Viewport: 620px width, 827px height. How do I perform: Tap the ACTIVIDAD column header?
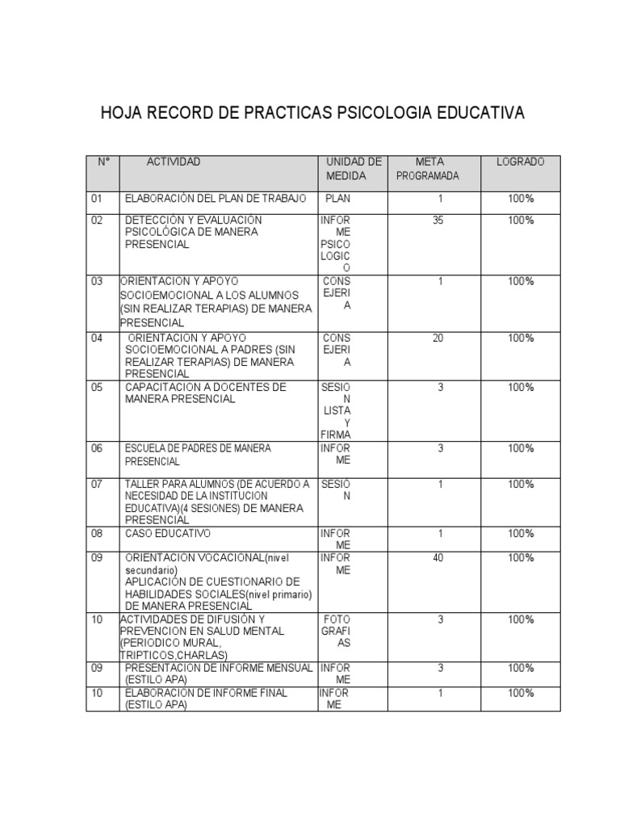(173, 162)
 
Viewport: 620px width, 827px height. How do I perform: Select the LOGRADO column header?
(520, 162)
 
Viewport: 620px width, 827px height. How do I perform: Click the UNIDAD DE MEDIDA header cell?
(353, 168)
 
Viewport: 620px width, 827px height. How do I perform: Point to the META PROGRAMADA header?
(429, 168)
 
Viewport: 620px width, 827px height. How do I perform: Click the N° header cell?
(103, 162)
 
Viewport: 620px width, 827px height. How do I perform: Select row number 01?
(98, 198)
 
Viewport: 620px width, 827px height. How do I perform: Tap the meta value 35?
(438, 220)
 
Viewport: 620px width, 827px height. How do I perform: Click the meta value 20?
(438, 338)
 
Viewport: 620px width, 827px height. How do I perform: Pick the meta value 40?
(438, 557)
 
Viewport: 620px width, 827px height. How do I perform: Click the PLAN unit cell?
(339, 198)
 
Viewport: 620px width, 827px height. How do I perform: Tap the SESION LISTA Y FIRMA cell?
(337, 410)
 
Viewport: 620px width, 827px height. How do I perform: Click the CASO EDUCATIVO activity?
(168, 533)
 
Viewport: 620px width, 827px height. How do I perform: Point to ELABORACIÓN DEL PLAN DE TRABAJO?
(212, 198)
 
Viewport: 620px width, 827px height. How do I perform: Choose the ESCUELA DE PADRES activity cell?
(198, 455)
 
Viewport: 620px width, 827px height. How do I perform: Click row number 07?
(98, 484)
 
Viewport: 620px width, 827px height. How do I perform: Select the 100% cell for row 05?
(521, 387)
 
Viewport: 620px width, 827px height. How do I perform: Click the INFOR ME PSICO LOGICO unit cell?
(336, 243)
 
